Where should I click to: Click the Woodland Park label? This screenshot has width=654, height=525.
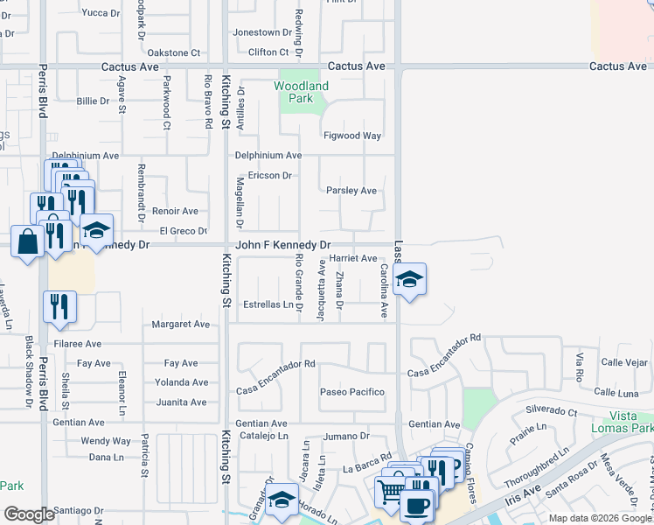click(301, 92)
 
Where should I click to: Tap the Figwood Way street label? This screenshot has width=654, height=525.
click(352, 136)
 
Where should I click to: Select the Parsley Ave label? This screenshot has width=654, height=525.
click(351, 190)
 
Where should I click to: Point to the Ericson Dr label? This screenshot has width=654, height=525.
click(269, 175)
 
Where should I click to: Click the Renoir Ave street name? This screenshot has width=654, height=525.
click(175, 211)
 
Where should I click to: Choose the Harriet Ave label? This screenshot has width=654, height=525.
click(352, 258)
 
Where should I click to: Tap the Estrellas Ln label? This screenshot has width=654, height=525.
click(268, 304)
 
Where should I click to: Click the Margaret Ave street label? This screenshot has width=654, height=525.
click(181, 324)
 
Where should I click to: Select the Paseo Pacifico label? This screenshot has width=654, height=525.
click(352, 391)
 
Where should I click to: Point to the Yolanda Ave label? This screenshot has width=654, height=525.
click(181, 382)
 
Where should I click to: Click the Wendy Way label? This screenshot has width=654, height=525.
click(106, 441)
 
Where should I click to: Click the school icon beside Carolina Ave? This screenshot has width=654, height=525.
click(409, 280)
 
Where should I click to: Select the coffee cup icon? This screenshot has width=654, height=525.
click(417, 504)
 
